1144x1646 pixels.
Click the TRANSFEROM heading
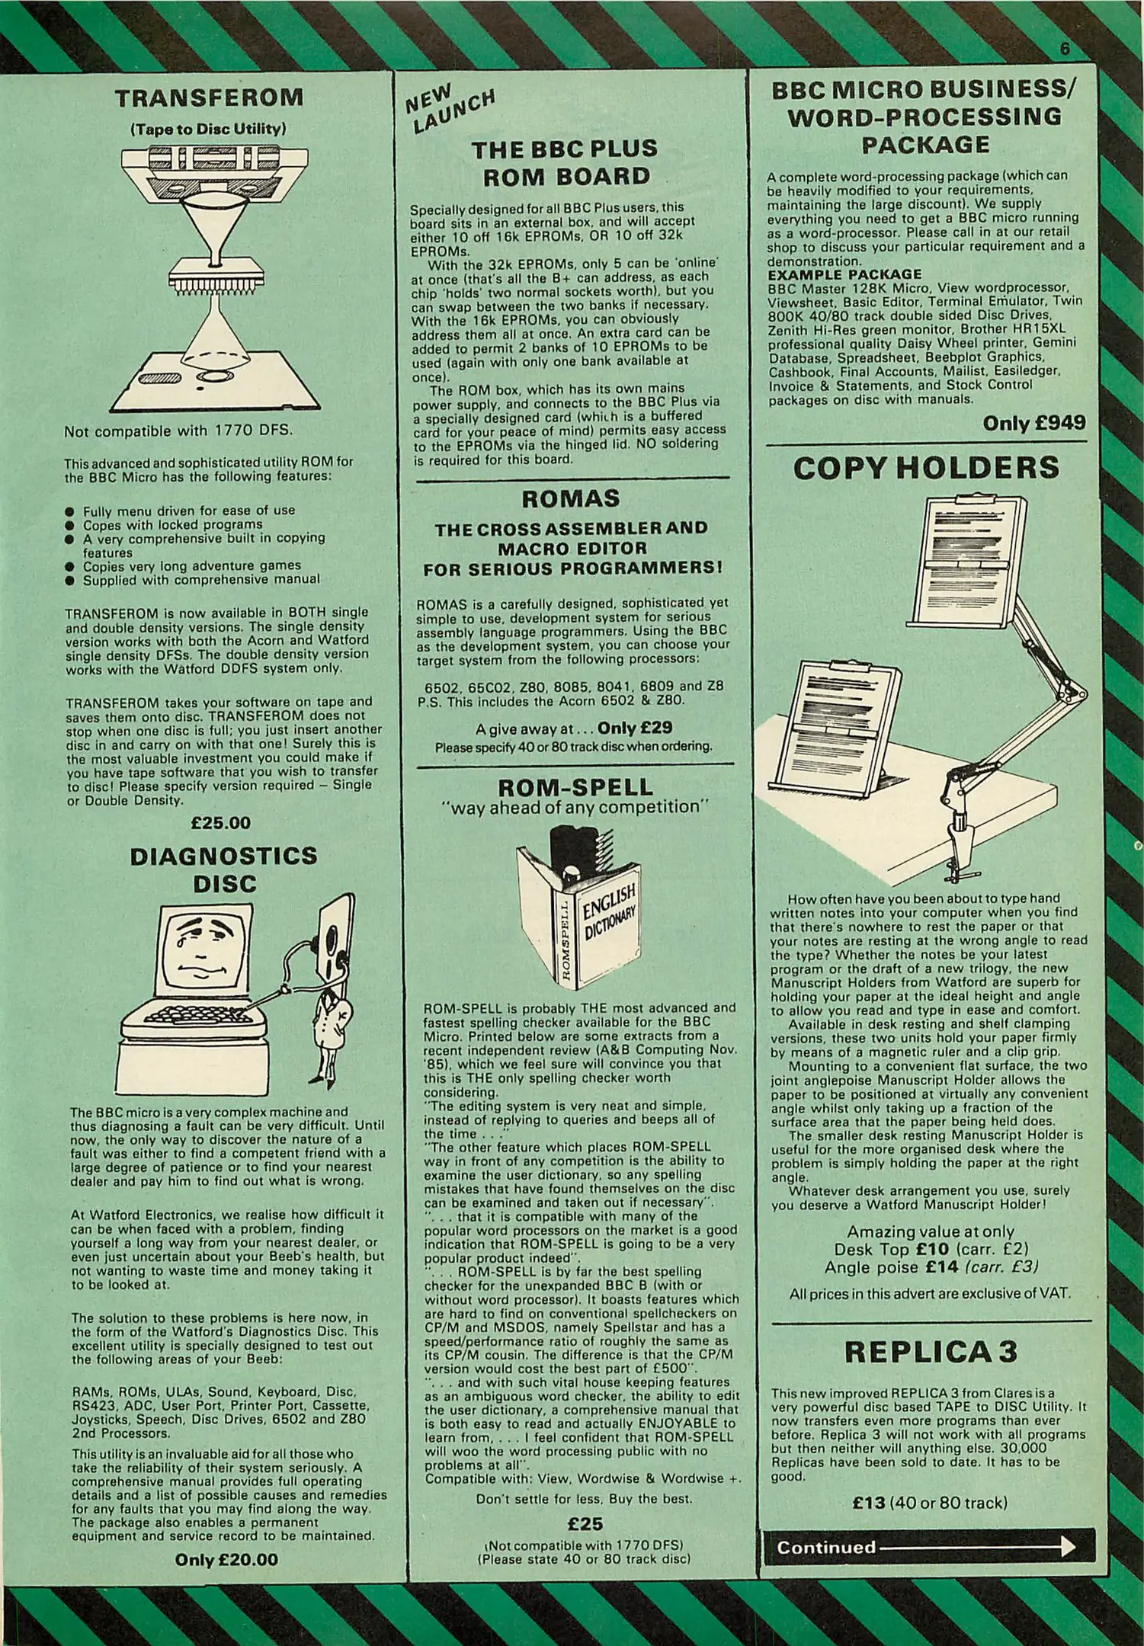[x=209, y=98]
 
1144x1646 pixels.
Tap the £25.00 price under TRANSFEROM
[x=221, y=823]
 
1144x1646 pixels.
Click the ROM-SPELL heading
[x=575, y=786]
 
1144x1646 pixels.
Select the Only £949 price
[x=1034, y=424]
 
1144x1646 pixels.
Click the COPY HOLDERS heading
[x=926, y=468]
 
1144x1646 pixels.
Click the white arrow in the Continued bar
[x=977, y=1547]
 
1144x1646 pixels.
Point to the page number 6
[x=1065, y=50]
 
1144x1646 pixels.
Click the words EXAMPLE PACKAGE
[x=844, y=274]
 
